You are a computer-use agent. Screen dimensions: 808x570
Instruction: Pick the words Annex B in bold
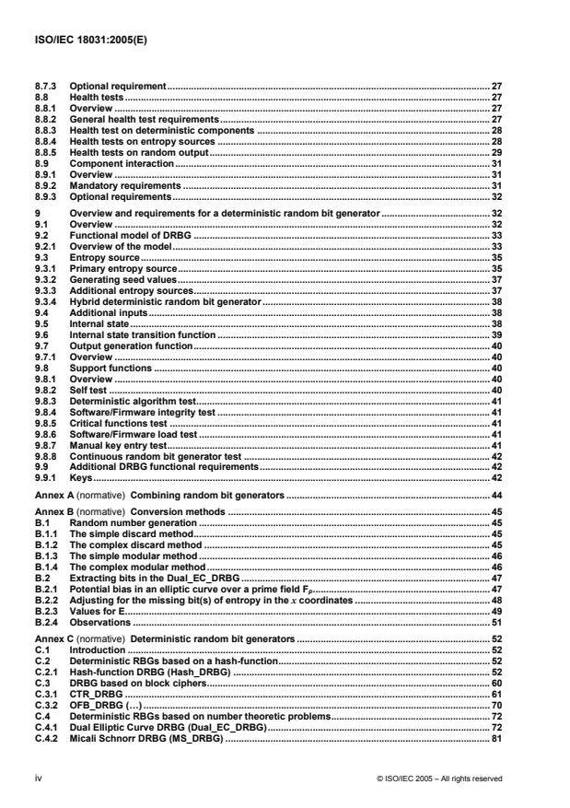click(53, 512)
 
